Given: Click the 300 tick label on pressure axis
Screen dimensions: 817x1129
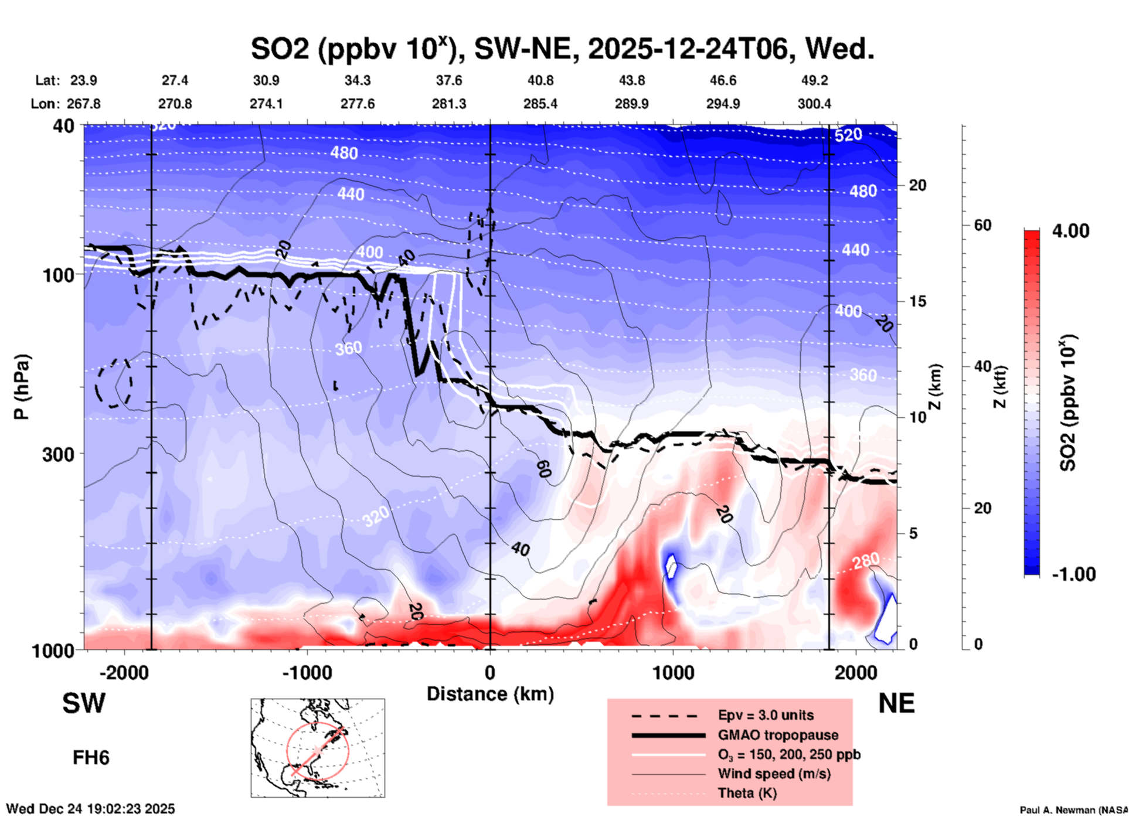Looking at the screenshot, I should [x=58, y=454].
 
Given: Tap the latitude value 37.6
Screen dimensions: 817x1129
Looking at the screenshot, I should [x=449, y=80].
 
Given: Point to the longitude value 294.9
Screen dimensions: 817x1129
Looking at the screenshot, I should [x=723, y=104].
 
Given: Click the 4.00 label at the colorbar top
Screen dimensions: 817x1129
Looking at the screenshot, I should [x=1070, y=230].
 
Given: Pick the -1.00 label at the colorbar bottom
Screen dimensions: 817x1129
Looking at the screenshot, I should [x=1073, y=574].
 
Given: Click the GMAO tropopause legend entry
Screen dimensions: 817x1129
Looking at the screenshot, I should [x=778, y=735].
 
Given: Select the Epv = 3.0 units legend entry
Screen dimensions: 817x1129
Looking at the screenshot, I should [x=766, y=715].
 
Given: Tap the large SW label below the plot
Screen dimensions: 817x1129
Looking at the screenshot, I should [x=84, y=703].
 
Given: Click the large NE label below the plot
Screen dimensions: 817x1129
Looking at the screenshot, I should [x=896, y=703].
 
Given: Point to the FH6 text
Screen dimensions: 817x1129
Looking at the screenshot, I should [x=91, y=758].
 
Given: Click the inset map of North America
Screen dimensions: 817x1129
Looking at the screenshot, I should [x=318, y=747].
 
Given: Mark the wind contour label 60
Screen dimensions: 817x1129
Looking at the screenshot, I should [x=544, y=469].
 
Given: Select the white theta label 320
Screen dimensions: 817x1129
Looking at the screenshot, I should [x=375, y=516].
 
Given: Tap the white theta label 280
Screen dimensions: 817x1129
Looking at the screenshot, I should [x=866, y=561].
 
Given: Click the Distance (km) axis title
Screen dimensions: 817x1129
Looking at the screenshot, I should [x=490, y=694].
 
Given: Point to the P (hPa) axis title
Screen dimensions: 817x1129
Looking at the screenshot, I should [x=22, y=387].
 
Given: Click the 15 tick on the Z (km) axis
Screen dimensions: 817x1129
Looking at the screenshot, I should [x=917, y=301].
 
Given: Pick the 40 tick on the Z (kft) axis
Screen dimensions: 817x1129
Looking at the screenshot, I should [x=982, y=366].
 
